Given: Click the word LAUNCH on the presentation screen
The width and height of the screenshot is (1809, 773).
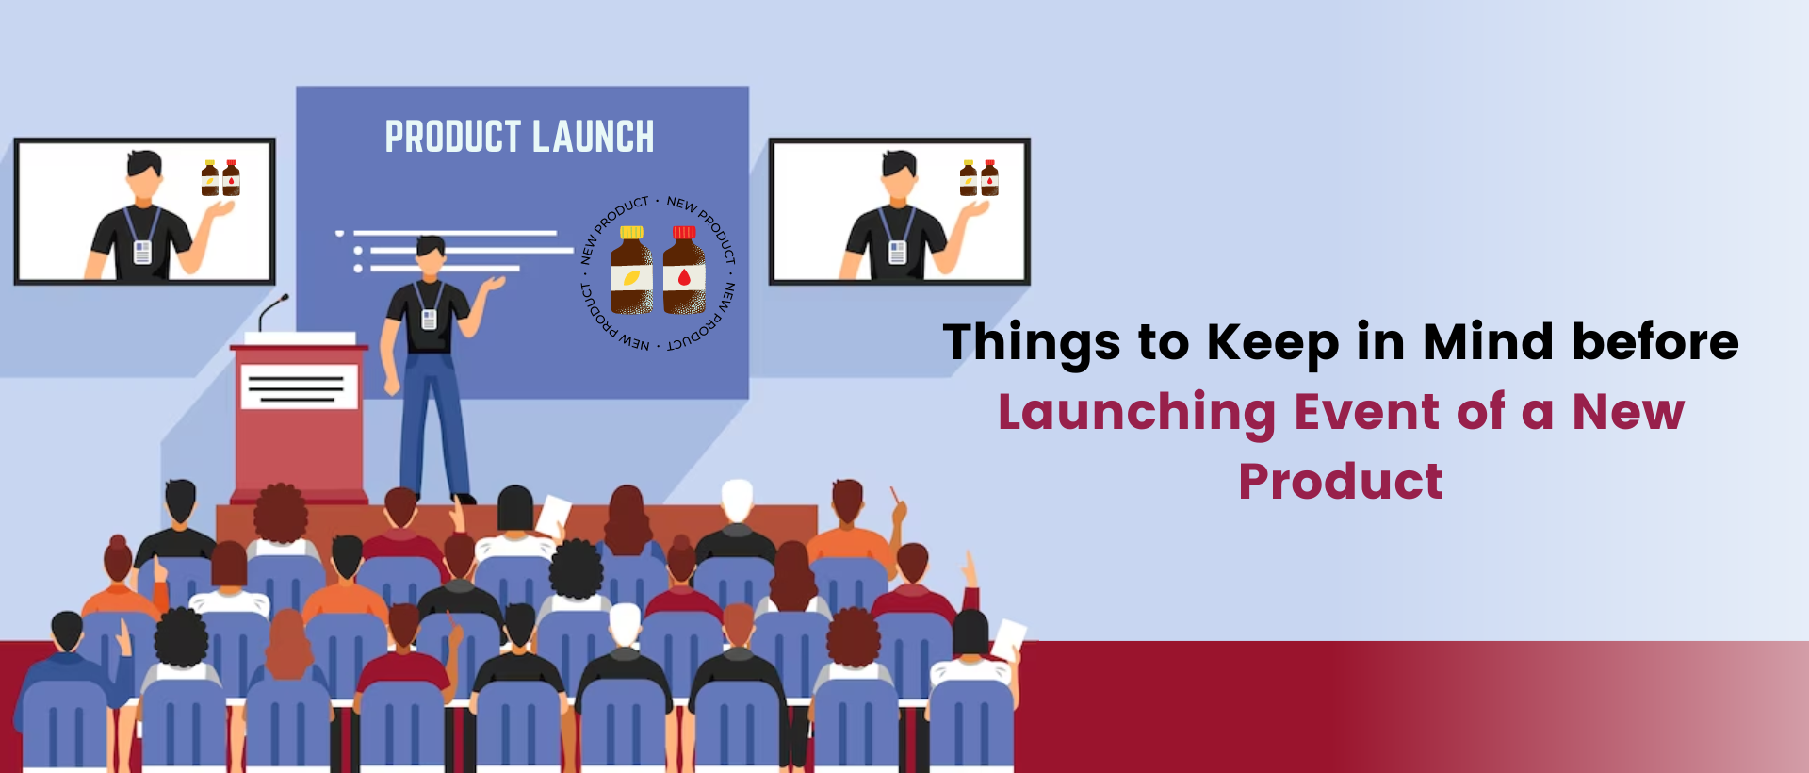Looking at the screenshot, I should click(593, 137).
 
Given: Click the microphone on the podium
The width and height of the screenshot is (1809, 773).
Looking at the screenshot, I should click(273, 311).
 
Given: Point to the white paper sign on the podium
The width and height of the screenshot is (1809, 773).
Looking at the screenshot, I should click(299, 386).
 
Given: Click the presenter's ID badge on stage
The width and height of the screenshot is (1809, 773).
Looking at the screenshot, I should click(429, 320).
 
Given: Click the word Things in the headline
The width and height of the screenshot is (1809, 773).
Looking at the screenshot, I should click(1031, 341).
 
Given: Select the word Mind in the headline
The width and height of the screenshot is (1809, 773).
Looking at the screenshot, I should click(1488, 341).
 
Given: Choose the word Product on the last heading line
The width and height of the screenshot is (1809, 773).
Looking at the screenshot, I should click(1341, 482).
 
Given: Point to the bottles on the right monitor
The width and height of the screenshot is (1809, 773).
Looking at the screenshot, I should click(979, 178).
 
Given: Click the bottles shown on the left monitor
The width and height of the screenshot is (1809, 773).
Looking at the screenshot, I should click(220, 178).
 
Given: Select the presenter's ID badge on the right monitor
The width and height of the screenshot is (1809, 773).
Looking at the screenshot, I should click(897, 251).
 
